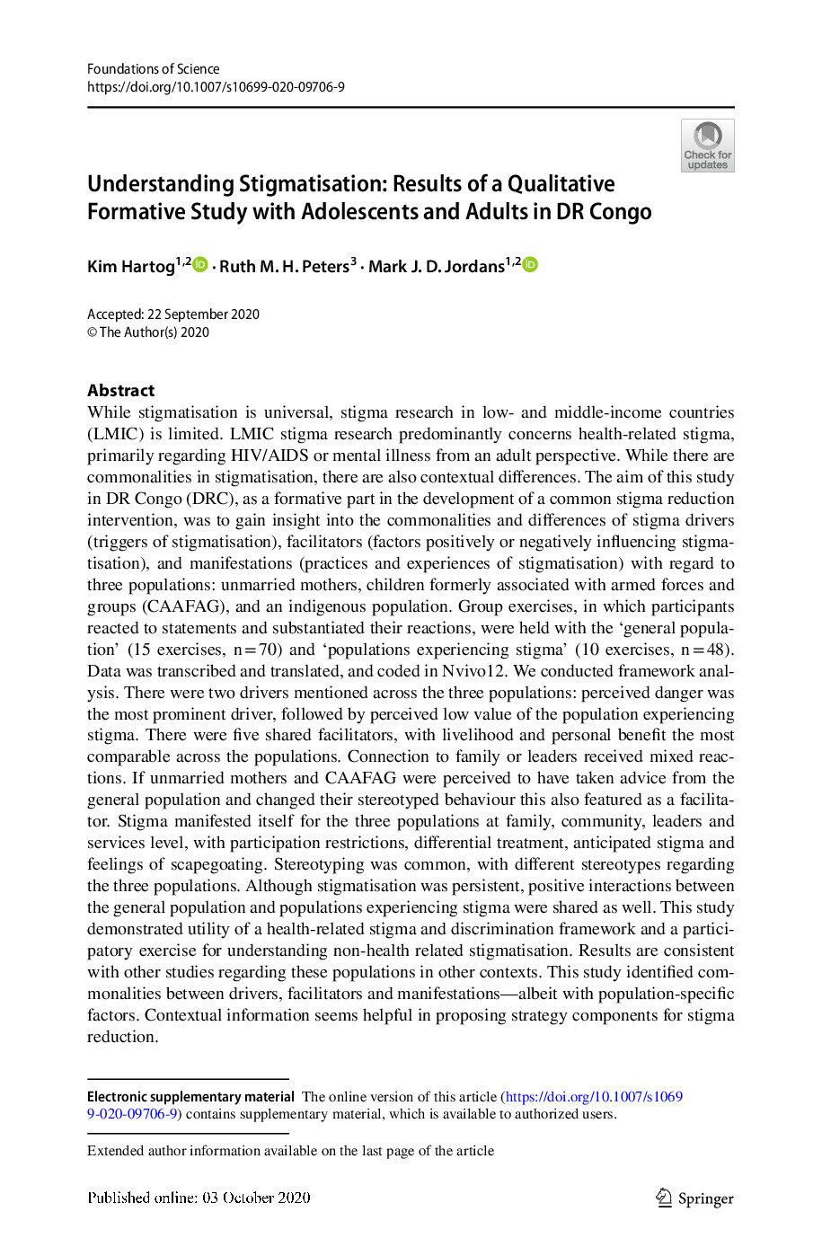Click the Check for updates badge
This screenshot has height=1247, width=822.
click(707, 146)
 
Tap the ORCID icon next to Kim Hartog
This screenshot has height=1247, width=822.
click(200, 264)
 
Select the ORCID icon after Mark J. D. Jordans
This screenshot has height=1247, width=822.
click(530, 264)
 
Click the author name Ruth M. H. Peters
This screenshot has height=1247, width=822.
click(284, 266)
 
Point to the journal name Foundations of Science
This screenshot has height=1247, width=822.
click(153, 69)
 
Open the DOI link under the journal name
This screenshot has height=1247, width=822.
click(216, 87)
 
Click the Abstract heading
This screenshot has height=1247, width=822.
click(120, 391)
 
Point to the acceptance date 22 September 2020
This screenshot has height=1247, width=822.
click(203, 314)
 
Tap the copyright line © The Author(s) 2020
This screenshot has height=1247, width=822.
click(148, 332)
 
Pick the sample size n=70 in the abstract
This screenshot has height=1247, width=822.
click(258, 650)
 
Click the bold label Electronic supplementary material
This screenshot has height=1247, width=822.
click(190, 1097)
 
